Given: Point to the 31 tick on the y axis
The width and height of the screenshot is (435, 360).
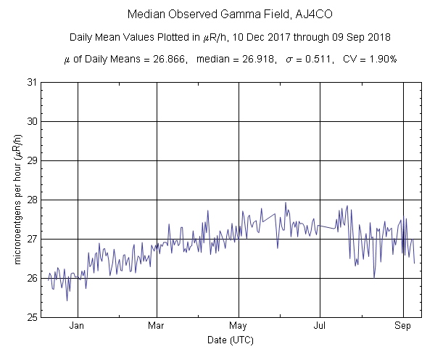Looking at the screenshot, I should (x=32, y=82).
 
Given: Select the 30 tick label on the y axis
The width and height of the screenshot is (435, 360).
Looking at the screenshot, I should (x=32, y=121).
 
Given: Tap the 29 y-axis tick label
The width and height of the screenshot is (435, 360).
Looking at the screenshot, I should (x=32, y=160).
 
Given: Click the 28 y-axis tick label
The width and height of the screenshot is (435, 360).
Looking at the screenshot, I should (x=32, y=200).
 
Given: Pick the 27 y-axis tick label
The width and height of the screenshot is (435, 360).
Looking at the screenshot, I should (x=32, y=239).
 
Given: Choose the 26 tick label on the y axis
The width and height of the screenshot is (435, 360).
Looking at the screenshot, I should (x=32, y=278).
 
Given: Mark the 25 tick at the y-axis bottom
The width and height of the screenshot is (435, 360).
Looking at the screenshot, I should (x=32, y=317).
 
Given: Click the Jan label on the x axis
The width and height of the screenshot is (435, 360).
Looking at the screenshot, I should (x=78, y=326).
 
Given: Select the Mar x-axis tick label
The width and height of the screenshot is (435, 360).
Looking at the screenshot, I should (x=157, y=326).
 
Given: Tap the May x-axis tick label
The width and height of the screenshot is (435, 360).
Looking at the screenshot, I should (x=239, y=326).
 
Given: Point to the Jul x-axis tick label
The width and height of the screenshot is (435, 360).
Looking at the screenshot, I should (x=319, y=326).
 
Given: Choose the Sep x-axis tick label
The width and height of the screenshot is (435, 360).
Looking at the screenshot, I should (x=403, y=326).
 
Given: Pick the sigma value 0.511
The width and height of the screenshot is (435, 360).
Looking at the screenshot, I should (x=317, y=60).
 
